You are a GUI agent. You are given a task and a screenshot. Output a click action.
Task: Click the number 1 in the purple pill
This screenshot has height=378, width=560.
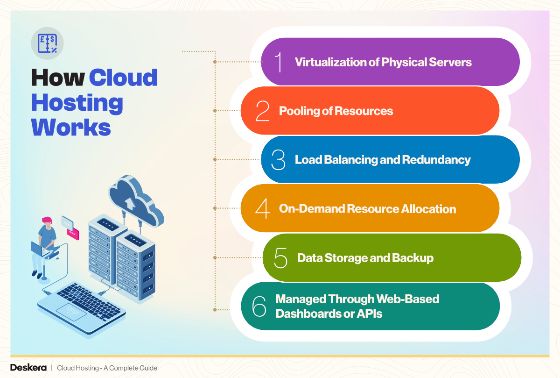[x=279, y=62]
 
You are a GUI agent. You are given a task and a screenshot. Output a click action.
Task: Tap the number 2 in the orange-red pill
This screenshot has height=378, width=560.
[x=262, y=111]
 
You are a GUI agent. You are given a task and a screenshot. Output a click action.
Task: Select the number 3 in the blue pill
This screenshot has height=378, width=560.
[x=278, y=160]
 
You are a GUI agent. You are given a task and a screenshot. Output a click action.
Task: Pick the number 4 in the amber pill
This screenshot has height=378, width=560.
[x=262, y=208]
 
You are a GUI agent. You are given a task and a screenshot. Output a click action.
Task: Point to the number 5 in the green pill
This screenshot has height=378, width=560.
[x=280, y=257]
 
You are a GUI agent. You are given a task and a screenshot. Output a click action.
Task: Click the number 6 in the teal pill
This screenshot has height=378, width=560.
[x=259, y=306]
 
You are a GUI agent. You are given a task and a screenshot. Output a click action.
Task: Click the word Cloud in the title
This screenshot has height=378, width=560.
[x=123, y=78]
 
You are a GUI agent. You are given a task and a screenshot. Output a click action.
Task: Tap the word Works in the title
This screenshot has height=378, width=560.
[x=70, y=127]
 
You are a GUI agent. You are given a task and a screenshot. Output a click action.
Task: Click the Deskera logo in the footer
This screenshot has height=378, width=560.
[x=28, y=368]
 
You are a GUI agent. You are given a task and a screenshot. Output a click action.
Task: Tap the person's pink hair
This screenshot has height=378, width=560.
[x=46, y=220]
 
